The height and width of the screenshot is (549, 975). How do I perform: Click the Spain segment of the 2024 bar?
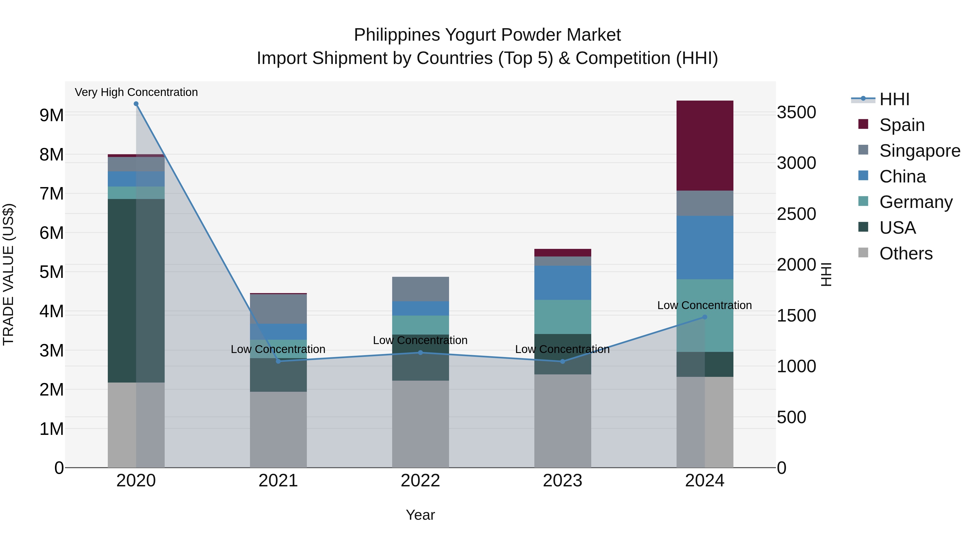coord(704,146)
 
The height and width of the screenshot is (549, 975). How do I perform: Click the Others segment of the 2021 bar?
coord(278,429)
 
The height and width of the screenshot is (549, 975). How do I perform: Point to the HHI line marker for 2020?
coord(136,104)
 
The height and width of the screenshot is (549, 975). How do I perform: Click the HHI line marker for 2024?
coord(704,317)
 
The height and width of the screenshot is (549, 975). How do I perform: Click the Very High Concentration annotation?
coord(136,92)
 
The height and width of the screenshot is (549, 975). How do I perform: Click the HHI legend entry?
coord(894,99)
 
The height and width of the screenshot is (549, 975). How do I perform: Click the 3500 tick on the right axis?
coord(796,113)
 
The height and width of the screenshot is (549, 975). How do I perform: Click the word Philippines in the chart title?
coord(397,35)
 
